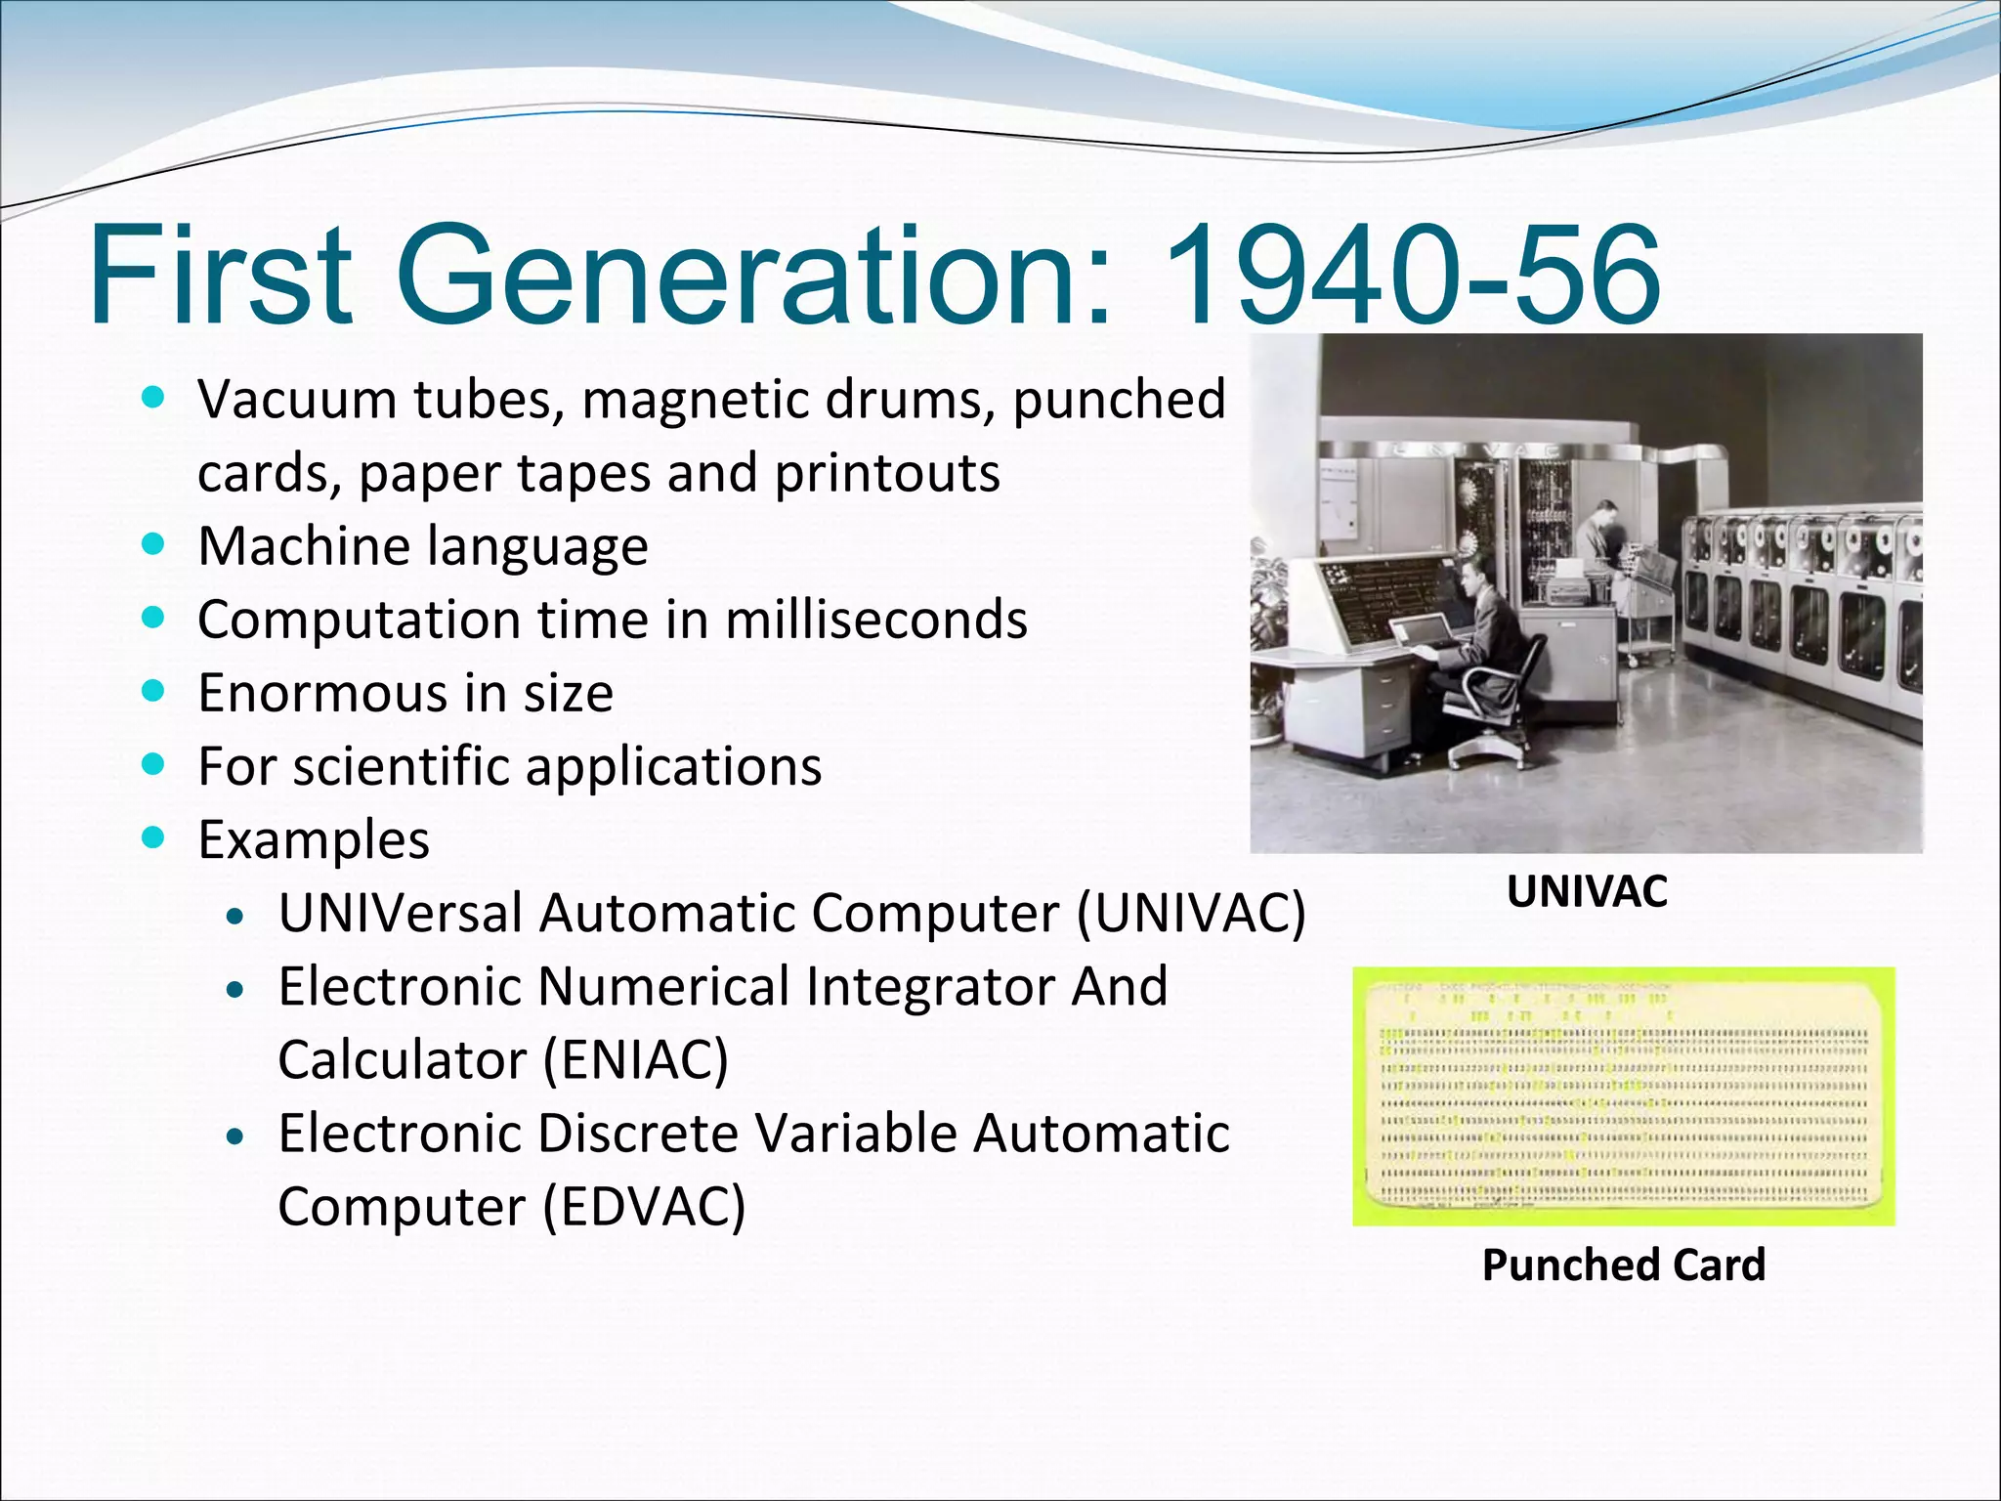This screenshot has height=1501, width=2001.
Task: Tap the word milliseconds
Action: coord(875,620)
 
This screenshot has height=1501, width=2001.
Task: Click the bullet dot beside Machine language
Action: coord(152,544)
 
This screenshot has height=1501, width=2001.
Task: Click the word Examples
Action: coord(313,839)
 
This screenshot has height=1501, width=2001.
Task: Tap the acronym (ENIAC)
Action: coord(635,1059)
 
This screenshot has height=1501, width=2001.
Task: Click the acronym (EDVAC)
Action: coord(644,1206)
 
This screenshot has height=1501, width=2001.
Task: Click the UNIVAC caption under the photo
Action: coord(1586,891)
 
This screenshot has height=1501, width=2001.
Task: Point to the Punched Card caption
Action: coord(1623,1265)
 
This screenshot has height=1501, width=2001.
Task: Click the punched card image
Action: coord(1622,1096)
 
